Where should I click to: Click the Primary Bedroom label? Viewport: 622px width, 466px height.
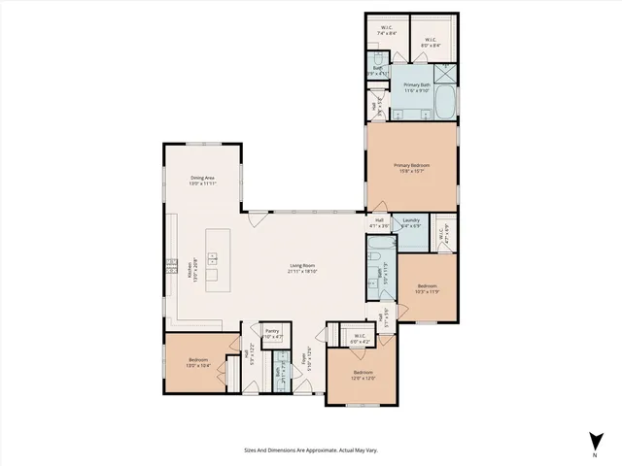tap(411, 166)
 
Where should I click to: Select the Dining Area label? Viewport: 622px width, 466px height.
tap(202, 178)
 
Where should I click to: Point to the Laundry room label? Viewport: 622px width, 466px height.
tap(410, 220)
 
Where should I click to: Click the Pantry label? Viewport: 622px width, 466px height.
tap(272, 331)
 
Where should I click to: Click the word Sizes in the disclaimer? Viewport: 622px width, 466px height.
tap(250, 450)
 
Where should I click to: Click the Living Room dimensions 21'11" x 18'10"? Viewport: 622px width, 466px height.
tap(303, 271)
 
